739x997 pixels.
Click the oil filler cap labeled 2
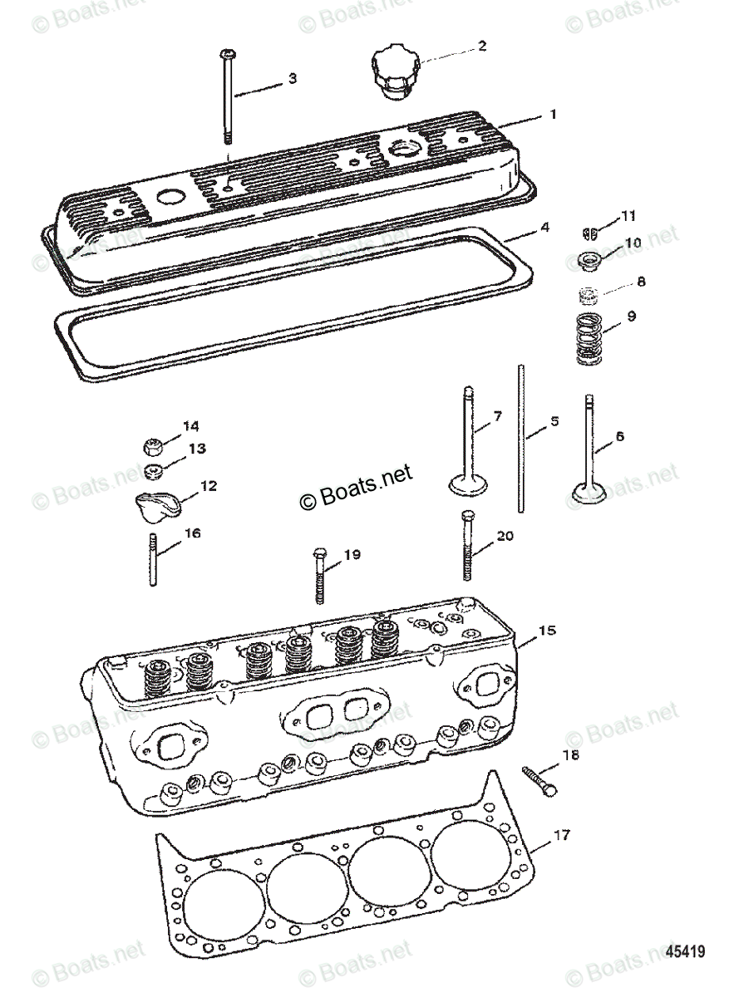[x=396, y=73]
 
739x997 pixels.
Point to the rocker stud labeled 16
[x=154, y=562]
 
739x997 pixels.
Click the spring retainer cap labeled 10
[x=589, y=261]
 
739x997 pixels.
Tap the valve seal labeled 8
[x=588, y=294]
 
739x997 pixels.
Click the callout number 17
[x=563, y=835]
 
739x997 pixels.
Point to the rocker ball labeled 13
[x=152, y=473]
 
